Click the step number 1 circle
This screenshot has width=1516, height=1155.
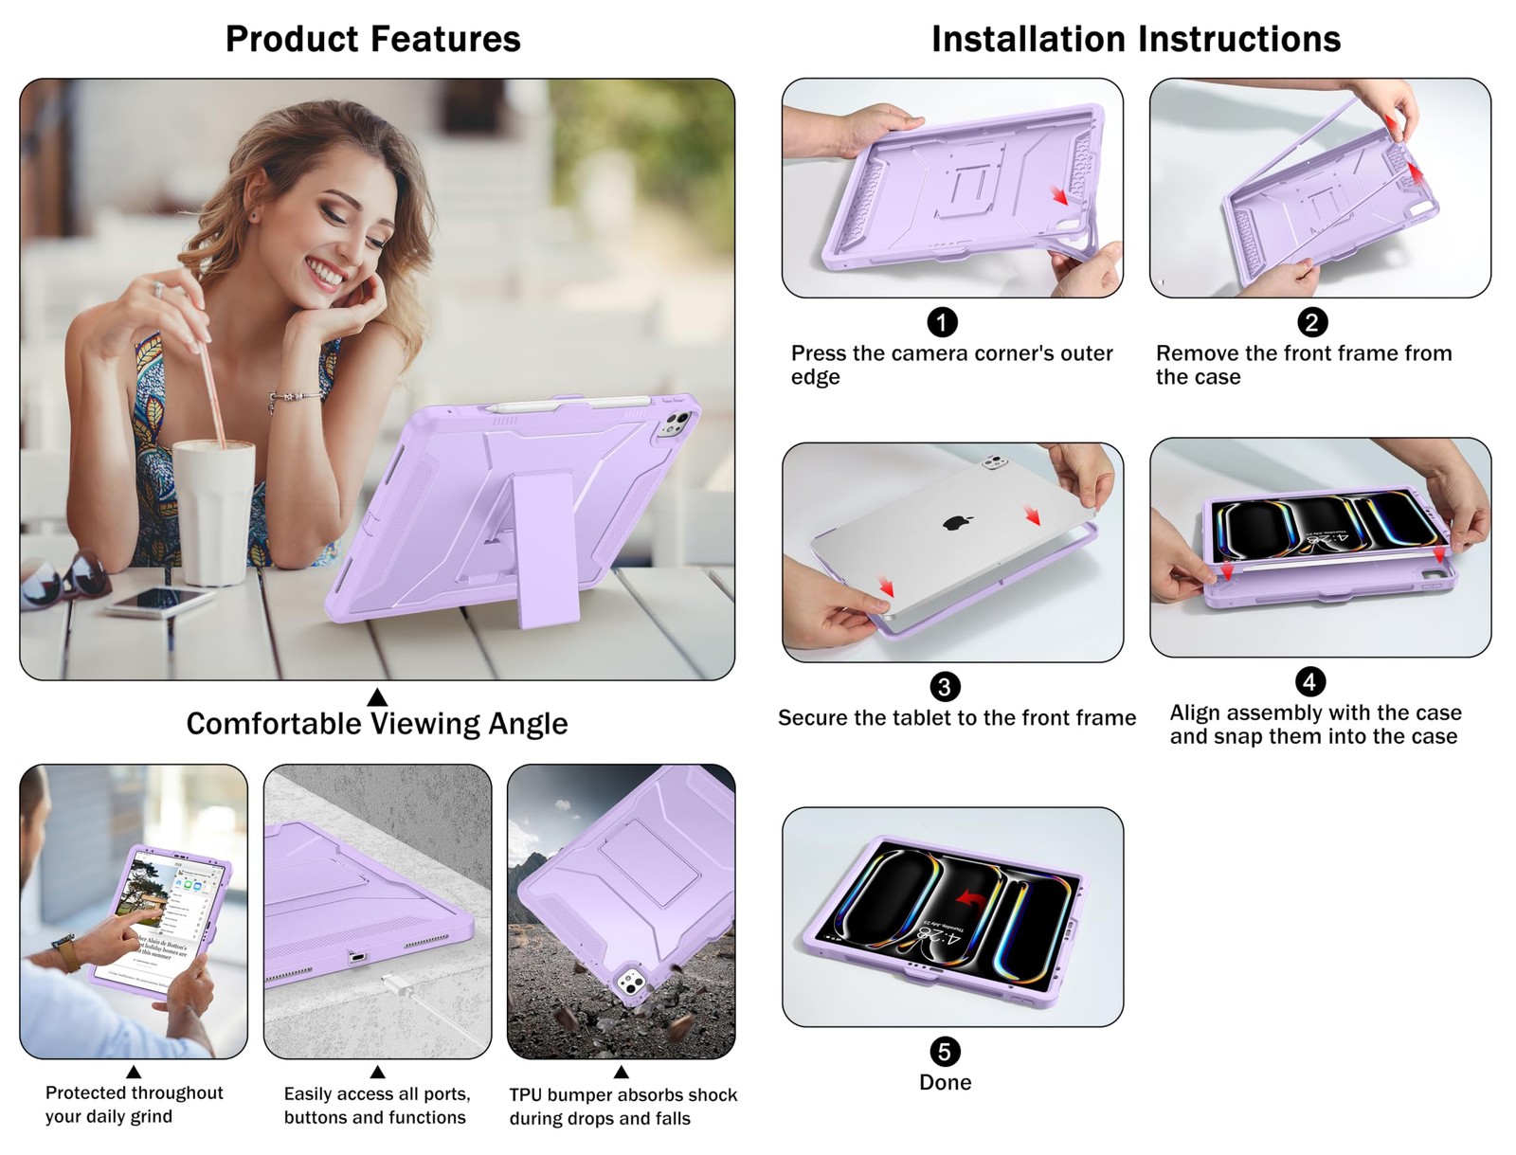pyautogui.click(x=942, y=322)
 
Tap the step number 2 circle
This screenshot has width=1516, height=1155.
pyautogui.click(x=1312, y=322)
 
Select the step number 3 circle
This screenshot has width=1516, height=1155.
pyautogui.click(x=944, y=687)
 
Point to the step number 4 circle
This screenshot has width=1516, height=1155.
pyautogui.click(x=1310, y=682)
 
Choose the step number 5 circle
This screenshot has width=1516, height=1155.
pyautogui.click(x=944, y=1052)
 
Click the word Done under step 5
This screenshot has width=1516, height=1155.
pyautogui.click(x=945, y=1082)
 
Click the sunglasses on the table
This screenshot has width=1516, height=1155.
pyautogui.click(x=65, y=579)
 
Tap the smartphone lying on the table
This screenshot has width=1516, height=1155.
pyautogui.click(x=159, y=601)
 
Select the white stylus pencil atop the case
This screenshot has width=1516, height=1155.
pyautogui.click(x=568, y=404)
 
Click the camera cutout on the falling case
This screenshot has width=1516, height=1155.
pyautogui.click(x=630, y=982)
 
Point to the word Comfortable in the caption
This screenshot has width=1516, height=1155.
pyautogui.click(x=274, y=724)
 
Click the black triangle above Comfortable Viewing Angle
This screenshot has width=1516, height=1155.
pyautogui.click(x=377, y=697)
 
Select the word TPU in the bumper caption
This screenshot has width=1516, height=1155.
pyautogui.click(x=525, y=1095)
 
